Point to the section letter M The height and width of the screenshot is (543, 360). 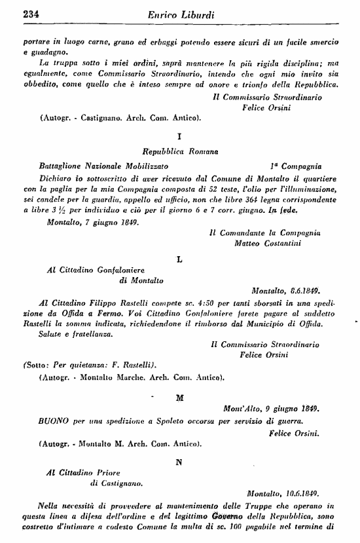pyautogui.click(x=180, y=397)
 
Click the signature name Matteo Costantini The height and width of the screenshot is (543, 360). pyautogui.click(x=265, y=243)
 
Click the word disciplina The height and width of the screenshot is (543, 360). pyautogui.click(x=296, y=62)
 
